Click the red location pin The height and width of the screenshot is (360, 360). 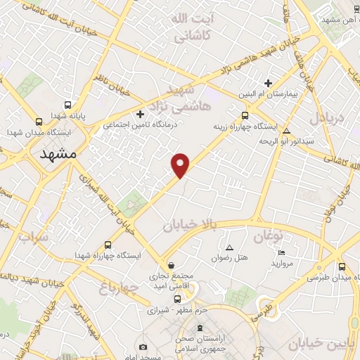[181, 164]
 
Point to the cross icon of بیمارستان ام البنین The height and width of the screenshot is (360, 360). [268, 83]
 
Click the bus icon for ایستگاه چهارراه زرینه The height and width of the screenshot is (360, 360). [244, 116]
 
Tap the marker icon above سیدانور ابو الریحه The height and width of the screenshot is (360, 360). [285, 130]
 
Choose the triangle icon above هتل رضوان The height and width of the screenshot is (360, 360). [229, 247]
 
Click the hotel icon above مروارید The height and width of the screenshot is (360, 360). [281, 252]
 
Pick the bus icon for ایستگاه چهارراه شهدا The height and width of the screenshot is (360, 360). [108, 245]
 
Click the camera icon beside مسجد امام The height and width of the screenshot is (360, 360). [143, 347]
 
